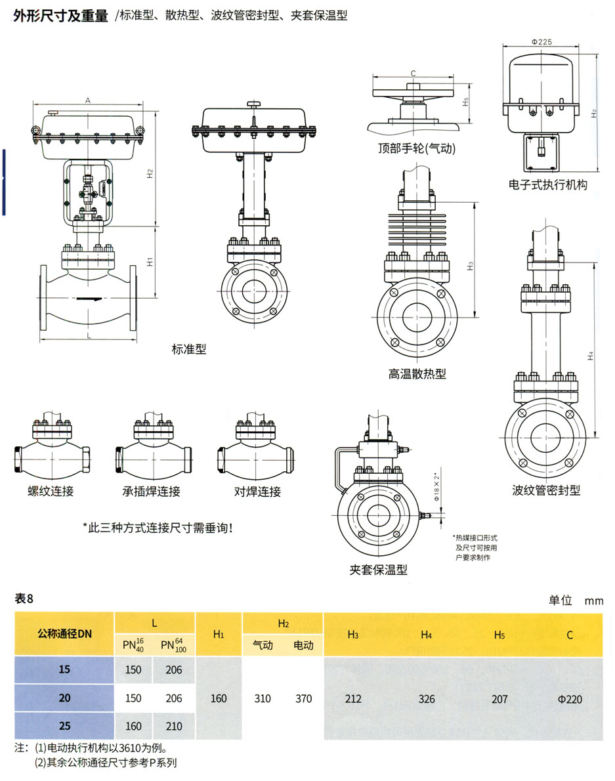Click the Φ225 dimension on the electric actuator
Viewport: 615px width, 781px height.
click(x=542, y=41)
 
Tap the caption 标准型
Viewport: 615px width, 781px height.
click(x=188, y=349)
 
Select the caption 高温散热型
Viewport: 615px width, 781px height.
click(x=417, y=374)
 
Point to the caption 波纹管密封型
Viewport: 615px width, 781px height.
click(x=546, y=490)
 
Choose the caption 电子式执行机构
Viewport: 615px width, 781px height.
click(x=547, y=185)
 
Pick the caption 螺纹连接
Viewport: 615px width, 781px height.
click(x=51, y=492)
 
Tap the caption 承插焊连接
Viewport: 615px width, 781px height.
click(x=151, y=492)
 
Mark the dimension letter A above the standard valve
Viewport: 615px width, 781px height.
click(x=87, y=100)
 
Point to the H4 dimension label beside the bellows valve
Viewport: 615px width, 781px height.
click(x=591, y=356)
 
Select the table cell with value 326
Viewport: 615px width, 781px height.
click(x=427, y=699)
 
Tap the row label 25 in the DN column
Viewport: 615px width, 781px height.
click(x=64, y=727)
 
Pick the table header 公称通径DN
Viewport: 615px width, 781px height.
click(x=64, y=634)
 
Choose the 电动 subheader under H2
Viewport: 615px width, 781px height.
click(x=303, y=645)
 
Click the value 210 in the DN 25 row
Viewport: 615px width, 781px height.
click(x=174, y=727)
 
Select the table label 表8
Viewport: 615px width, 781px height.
click(x=24, y=599)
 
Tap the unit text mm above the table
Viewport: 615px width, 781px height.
click(x=594, y=601)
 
